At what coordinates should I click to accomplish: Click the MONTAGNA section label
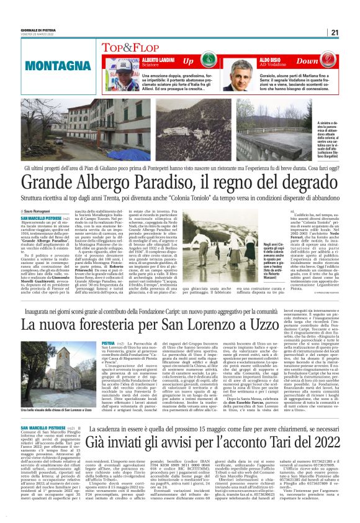click(55, 64)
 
